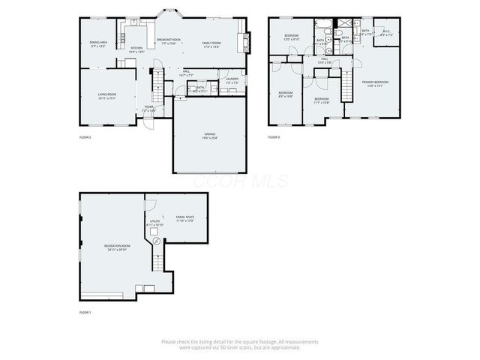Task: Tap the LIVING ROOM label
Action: coord(106,94)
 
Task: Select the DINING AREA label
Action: coord(98,43)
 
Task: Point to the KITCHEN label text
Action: coord(136,48)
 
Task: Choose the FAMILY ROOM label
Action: coord(211,43)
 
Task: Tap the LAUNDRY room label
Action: coord(232,79)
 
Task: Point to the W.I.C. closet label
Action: coord(386,33)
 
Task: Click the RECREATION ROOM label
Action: coord(117,246)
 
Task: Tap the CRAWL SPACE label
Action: coord(185,217)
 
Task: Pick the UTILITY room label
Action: coord(154,222)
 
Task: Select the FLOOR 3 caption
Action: coord(274,137)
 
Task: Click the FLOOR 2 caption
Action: coord(85,137)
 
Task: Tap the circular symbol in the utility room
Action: coord(156,241)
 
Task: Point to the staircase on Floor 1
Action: coord(157,262)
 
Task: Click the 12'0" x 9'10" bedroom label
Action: coord(292,37)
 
